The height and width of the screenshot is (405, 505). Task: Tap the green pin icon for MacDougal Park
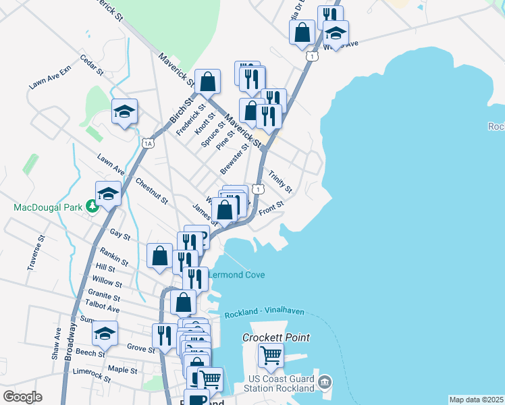90,207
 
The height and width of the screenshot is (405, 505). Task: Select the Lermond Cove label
236,275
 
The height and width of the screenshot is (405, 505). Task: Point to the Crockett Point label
277,337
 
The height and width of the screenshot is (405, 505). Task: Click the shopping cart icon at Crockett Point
271,353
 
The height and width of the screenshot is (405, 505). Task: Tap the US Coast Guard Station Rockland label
281,383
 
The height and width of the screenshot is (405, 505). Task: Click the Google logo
22,397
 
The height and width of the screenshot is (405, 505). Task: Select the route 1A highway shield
149,143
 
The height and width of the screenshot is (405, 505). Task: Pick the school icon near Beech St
105,333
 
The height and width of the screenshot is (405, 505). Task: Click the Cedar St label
91,65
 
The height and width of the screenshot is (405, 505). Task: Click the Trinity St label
280,180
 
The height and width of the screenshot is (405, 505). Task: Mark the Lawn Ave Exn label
50,79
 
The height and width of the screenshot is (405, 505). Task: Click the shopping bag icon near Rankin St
159,256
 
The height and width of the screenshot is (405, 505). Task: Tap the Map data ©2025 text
477,400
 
